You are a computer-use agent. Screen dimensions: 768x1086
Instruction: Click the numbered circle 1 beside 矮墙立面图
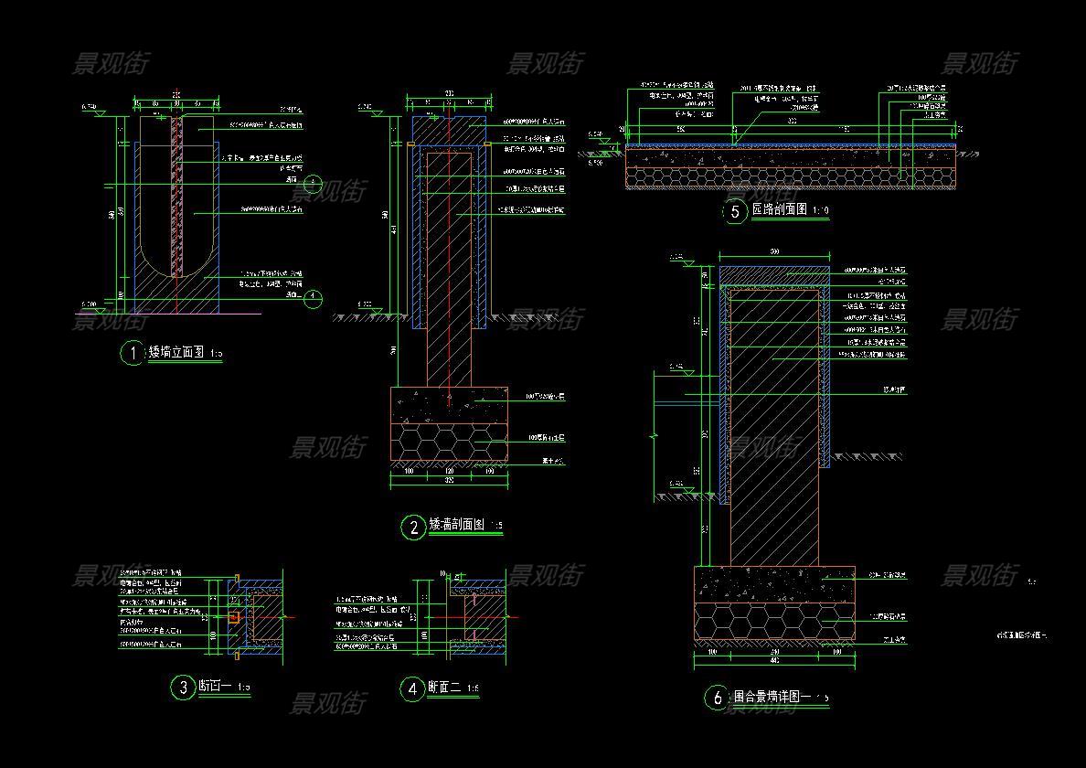pos(133,353)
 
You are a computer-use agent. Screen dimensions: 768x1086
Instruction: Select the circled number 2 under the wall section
pos(413,527)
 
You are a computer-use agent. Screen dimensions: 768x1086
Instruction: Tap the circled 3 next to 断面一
pos(183,688)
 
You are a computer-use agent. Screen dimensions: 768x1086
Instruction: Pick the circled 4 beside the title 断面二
pos(412,688)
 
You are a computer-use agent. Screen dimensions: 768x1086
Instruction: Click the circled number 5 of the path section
pos(736,212)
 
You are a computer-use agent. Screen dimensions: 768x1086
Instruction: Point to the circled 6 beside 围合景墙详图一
pos(717,698)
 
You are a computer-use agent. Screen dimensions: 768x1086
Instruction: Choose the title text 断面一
pos(214,687)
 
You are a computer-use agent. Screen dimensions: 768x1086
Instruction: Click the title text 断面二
pos(442,688)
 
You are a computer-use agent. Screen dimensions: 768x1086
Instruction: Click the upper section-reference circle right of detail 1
pos(313,184)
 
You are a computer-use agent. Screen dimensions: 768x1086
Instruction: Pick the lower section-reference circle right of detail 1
pos(313,298)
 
